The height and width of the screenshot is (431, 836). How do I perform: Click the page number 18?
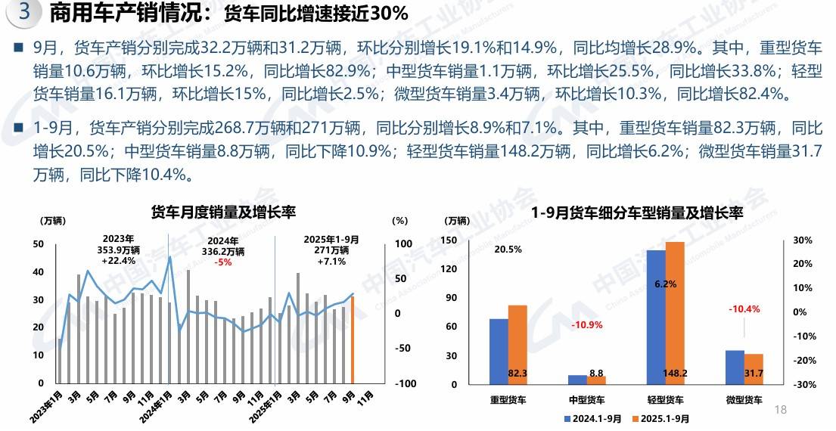782,410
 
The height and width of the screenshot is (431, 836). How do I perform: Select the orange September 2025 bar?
353,340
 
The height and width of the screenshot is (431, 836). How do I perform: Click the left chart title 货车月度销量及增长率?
223,211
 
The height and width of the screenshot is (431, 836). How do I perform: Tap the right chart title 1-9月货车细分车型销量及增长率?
637,213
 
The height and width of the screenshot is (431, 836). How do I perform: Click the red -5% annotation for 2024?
223,262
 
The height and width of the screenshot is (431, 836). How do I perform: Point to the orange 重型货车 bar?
517,344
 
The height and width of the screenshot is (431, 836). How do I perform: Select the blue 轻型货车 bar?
657,317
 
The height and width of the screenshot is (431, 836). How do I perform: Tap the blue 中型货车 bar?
577,380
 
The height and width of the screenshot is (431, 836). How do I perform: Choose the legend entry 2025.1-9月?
664,418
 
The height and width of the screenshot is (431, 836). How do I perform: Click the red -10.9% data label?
586,325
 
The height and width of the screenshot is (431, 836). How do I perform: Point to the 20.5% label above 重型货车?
508,250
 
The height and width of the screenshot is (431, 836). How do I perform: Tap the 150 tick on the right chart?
449,240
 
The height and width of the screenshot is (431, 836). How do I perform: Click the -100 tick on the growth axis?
406,384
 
